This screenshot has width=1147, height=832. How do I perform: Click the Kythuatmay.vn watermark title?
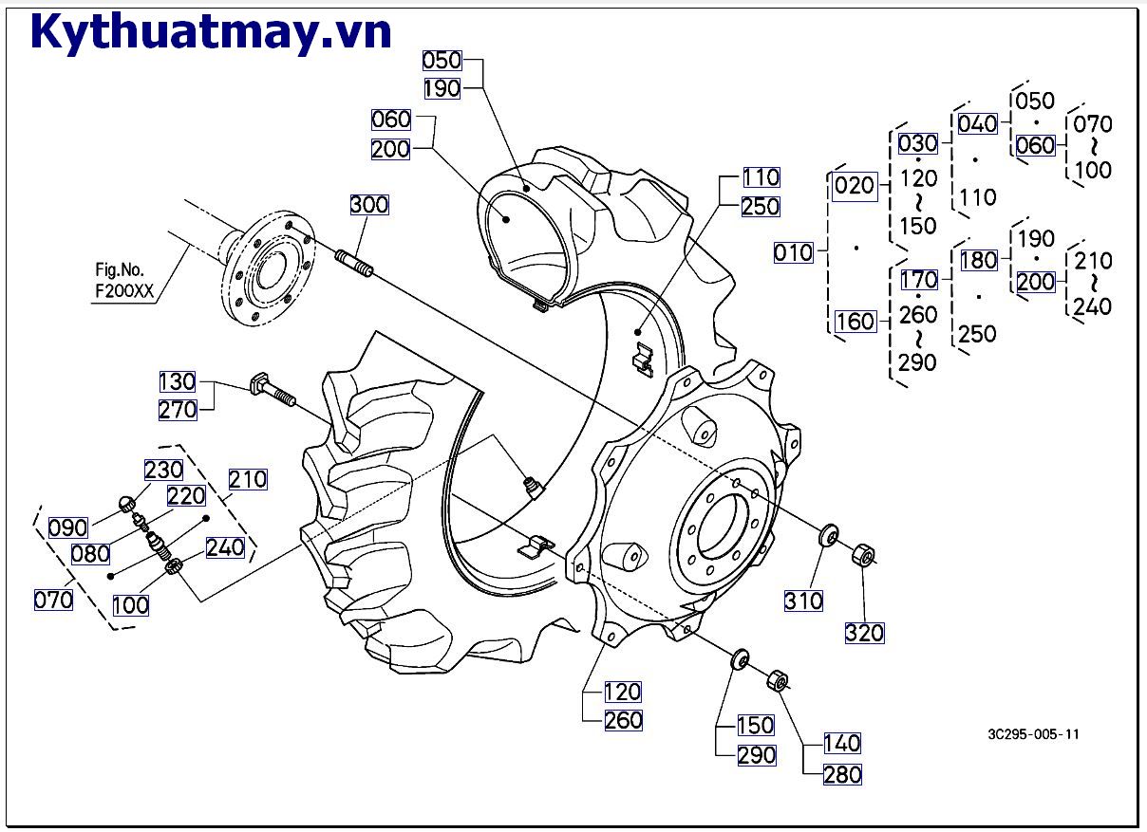point(211,31)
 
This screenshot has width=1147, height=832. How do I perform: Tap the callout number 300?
point(368,205)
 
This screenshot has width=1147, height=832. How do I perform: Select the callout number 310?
point(803,601)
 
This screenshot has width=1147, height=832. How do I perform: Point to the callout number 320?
point(864,633)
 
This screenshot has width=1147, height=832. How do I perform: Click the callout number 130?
point(178,382)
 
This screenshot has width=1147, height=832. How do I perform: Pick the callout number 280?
point(842,774)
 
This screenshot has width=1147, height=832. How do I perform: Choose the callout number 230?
point(163,471)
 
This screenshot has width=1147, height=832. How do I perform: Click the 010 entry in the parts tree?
point(794,252)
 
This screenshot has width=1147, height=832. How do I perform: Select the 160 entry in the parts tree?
point(855,322)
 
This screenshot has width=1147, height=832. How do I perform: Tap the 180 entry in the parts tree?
point(978,260)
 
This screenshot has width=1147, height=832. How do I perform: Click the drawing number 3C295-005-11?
point(1033,734)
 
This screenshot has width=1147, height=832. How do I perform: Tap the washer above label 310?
point(828,536)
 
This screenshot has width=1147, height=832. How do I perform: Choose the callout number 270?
point(178,410)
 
